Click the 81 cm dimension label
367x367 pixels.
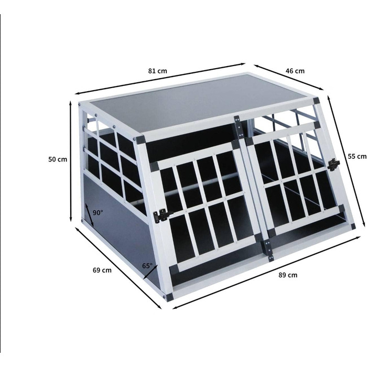coord(157,71)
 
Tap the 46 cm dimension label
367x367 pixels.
coord(295,71)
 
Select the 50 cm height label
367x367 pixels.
coord(58,159)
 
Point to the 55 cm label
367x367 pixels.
coord(357,156)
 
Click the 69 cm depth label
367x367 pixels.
coord(102,270)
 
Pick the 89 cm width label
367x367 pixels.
coord(288,275)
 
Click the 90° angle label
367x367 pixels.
coord(98,213)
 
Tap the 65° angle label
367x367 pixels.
coord(147,266)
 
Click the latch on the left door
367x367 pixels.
coord(162,215)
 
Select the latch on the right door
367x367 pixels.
coord(333,164)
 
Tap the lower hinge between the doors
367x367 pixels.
coord(268,251)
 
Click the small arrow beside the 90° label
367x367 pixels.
coord(90,215)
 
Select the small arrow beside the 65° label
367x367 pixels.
coord(150,272)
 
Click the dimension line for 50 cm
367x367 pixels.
coord(70,161)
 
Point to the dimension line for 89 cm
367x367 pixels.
coord(266,273)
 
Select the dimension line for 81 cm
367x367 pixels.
coord(160,79)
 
